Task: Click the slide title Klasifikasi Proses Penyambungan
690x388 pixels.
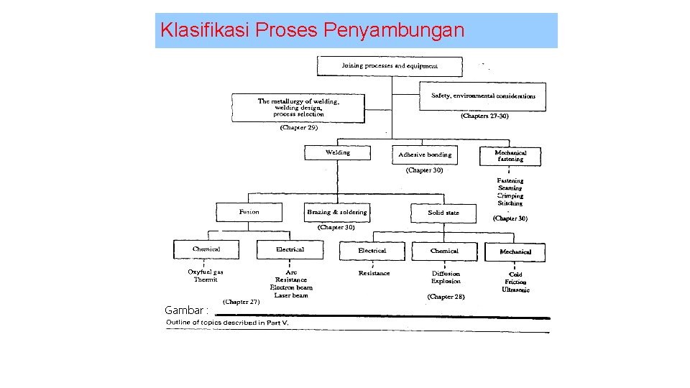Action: (313, 30)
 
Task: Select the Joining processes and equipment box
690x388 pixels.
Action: (389, 66)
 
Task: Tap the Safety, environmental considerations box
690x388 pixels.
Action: (482, 96)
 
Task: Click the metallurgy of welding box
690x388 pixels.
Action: (298, 108)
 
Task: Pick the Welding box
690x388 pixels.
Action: (337, 153)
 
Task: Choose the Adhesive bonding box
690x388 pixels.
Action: (425, 154)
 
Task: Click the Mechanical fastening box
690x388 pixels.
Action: (510, 156)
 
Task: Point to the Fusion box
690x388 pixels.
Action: (249, 212)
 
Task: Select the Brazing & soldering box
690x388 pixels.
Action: (336, 212)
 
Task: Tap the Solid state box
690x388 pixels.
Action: (443, 213)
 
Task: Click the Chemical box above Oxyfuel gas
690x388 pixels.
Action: (206, 249)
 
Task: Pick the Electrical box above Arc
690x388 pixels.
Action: (290, 249)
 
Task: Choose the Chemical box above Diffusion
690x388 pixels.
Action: (444, 251)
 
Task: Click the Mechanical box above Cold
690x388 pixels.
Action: (515, 251)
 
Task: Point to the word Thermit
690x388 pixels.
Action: (206, 280)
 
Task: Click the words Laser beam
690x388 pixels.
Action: (291, 295)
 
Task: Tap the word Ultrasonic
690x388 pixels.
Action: (516, 290)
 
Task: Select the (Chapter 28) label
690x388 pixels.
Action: (446, 296)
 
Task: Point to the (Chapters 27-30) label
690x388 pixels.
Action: (484, 116)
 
